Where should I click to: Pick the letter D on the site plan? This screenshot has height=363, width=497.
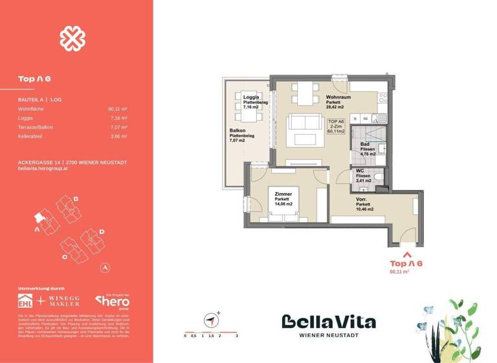(102, 231)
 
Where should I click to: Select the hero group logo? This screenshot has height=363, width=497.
(113, 301)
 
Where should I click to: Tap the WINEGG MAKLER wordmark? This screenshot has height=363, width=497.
(66, 301)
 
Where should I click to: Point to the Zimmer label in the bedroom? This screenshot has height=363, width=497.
(283, 194)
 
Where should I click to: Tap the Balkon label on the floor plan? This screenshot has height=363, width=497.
(236, 130)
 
